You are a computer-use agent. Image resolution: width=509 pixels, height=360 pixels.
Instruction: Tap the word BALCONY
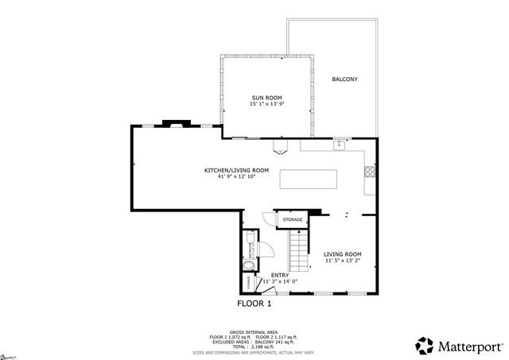[x=344, y=79]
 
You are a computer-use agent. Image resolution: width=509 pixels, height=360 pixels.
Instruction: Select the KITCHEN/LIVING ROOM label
[x=236, y=170]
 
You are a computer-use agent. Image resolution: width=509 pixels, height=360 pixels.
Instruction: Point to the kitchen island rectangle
[x=308, y=179]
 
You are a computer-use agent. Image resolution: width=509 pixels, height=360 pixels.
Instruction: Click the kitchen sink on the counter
[x=339, y=145]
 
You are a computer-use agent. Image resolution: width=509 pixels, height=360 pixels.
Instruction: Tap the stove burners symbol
[x=369, y=170]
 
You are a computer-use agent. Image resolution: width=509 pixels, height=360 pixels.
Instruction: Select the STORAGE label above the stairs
[x=293, y=219]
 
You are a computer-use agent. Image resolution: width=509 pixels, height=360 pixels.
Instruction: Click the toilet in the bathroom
[x=250, y=238]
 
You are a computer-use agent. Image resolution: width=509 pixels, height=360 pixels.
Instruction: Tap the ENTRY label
[x=280, y=275]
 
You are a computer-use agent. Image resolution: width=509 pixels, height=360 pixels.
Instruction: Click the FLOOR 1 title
[x=254, y=304]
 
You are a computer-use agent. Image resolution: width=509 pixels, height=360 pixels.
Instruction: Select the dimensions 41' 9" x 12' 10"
[x=236, y=177]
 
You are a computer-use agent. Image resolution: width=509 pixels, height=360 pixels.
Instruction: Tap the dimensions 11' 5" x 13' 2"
[x=342, y=261]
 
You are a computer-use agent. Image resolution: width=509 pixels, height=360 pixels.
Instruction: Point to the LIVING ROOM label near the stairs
[x=342, y=254]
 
